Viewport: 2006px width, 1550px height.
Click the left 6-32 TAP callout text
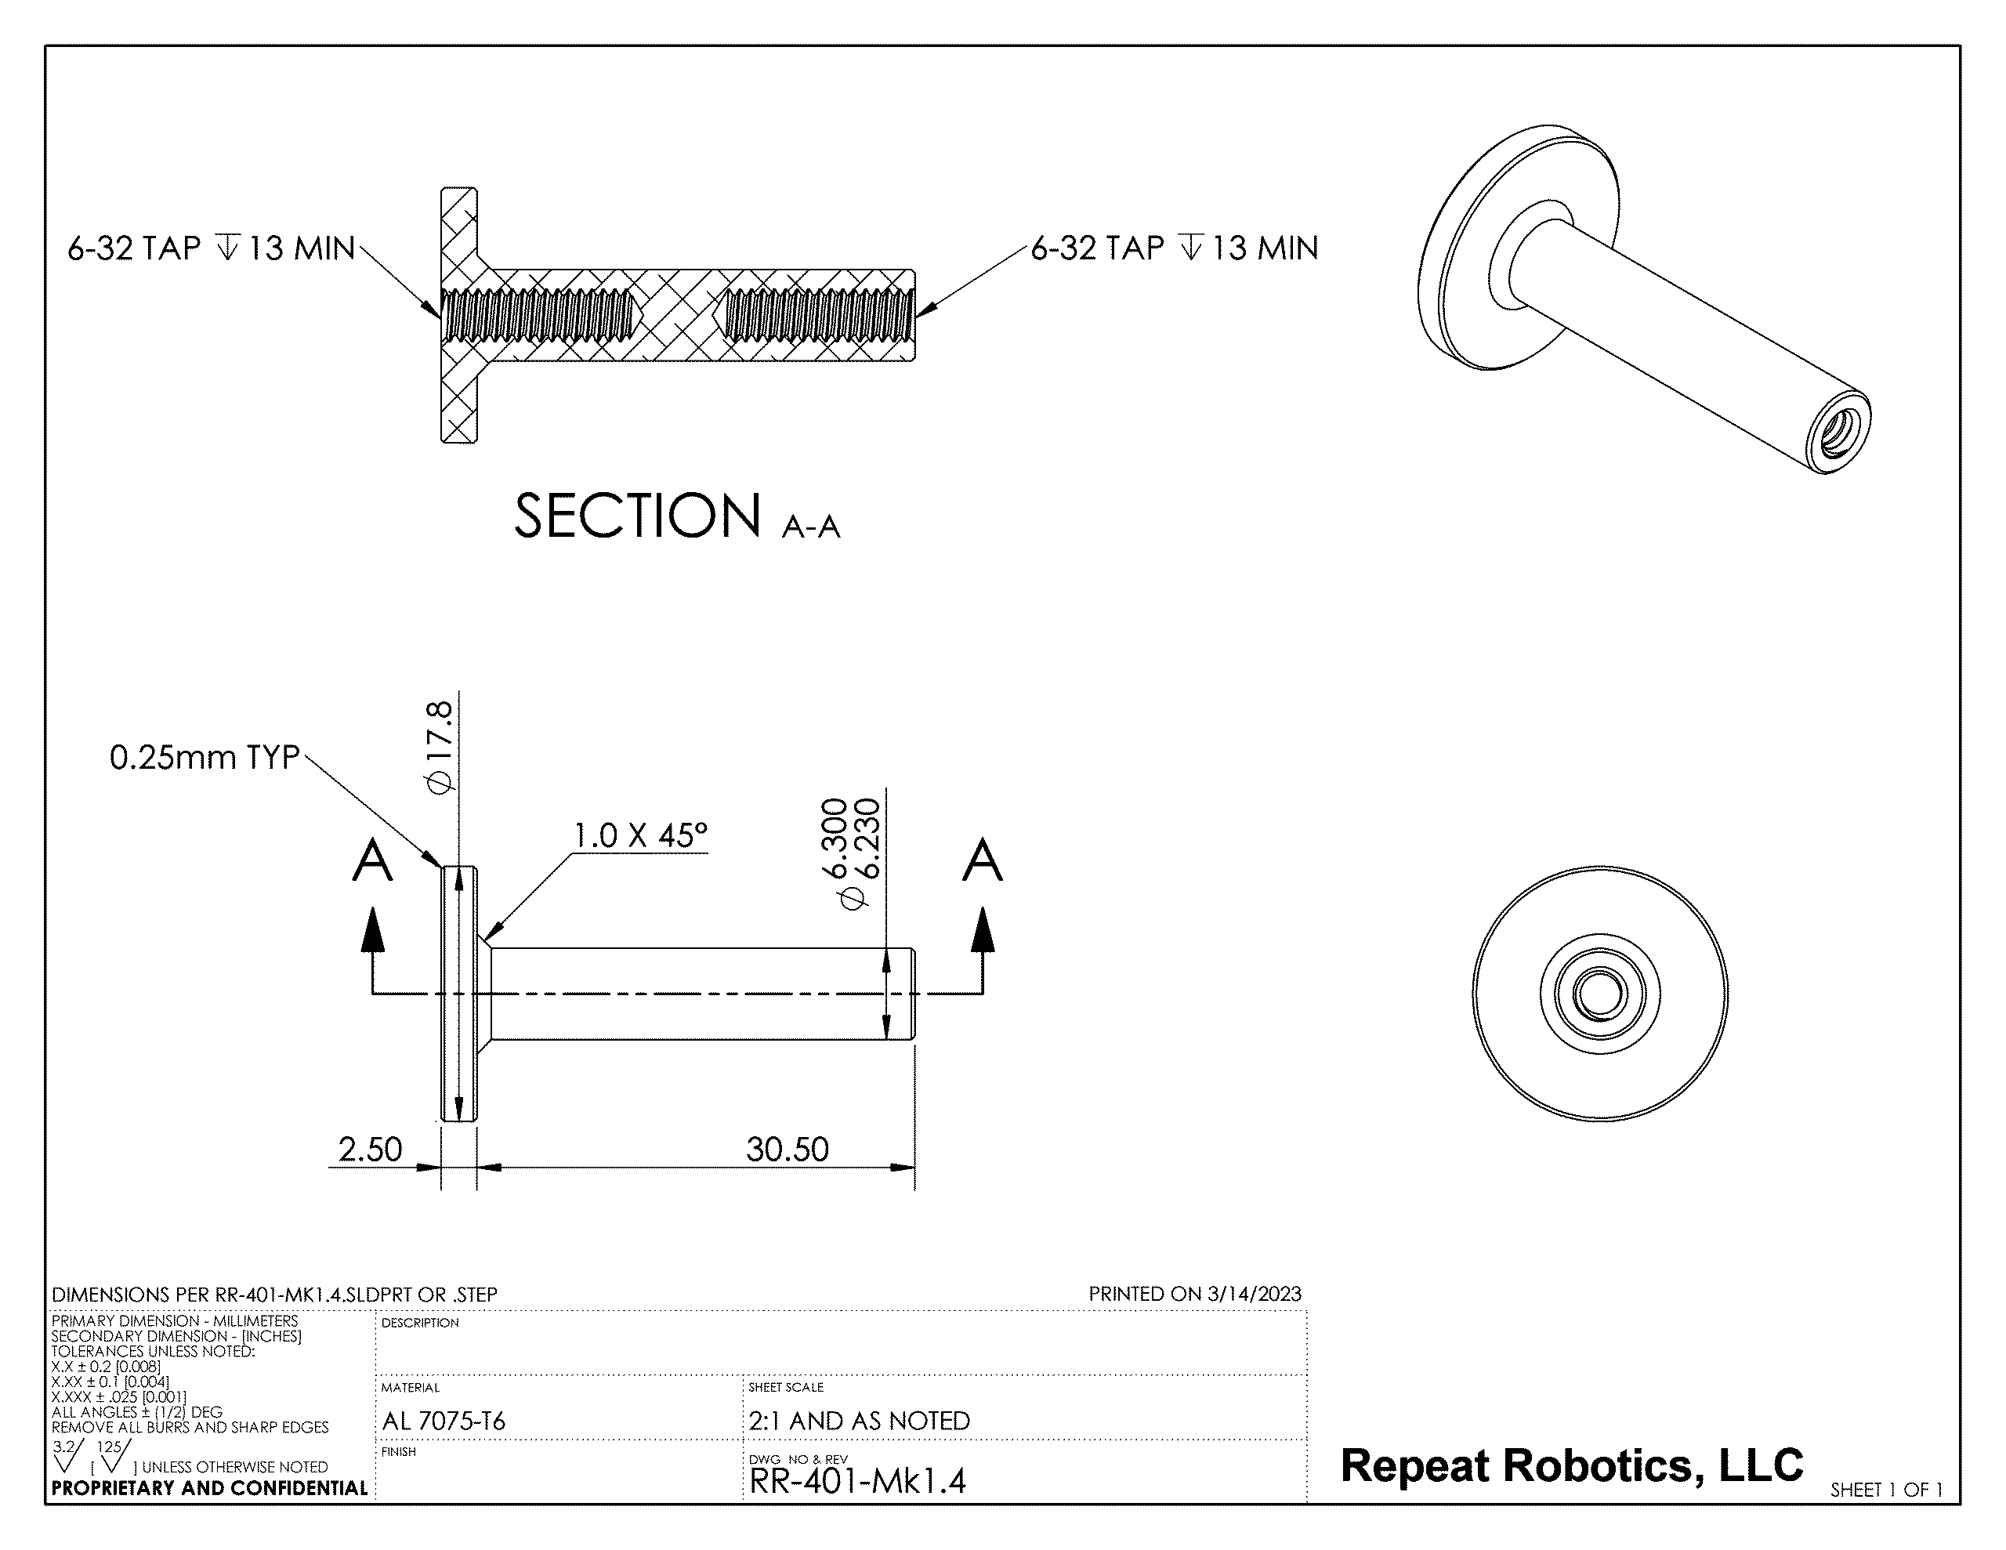point(212,248)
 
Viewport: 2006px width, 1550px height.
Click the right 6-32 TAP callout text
point(1175,248)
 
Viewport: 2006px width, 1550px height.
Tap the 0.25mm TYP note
point(205,757)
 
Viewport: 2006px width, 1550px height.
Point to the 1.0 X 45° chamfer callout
point(641,835)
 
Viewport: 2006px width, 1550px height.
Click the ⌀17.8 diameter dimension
point(439,746)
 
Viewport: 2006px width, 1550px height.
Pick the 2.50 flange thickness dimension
point(370,1150)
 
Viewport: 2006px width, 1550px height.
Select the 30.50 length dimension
point(788,1150)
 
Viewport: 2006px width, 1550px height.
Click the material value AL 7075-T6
point(444,1421)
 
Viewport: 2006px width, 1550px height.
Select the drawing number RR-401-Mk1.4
point(858,1481)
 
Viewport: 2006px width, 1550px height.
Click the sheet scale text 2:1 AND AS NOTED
point(859,1421)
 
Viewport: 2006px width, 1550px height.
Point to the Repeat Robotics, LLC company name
point(1572,1465)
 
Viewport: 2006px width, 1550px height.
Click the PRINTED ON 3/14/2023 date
point(1195,1294)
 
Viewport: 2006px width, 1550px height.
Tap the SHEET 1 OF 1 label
point(1887,1490)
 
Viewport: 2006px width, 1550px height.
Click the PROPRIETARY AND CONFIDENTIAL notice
point(209,1488)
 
